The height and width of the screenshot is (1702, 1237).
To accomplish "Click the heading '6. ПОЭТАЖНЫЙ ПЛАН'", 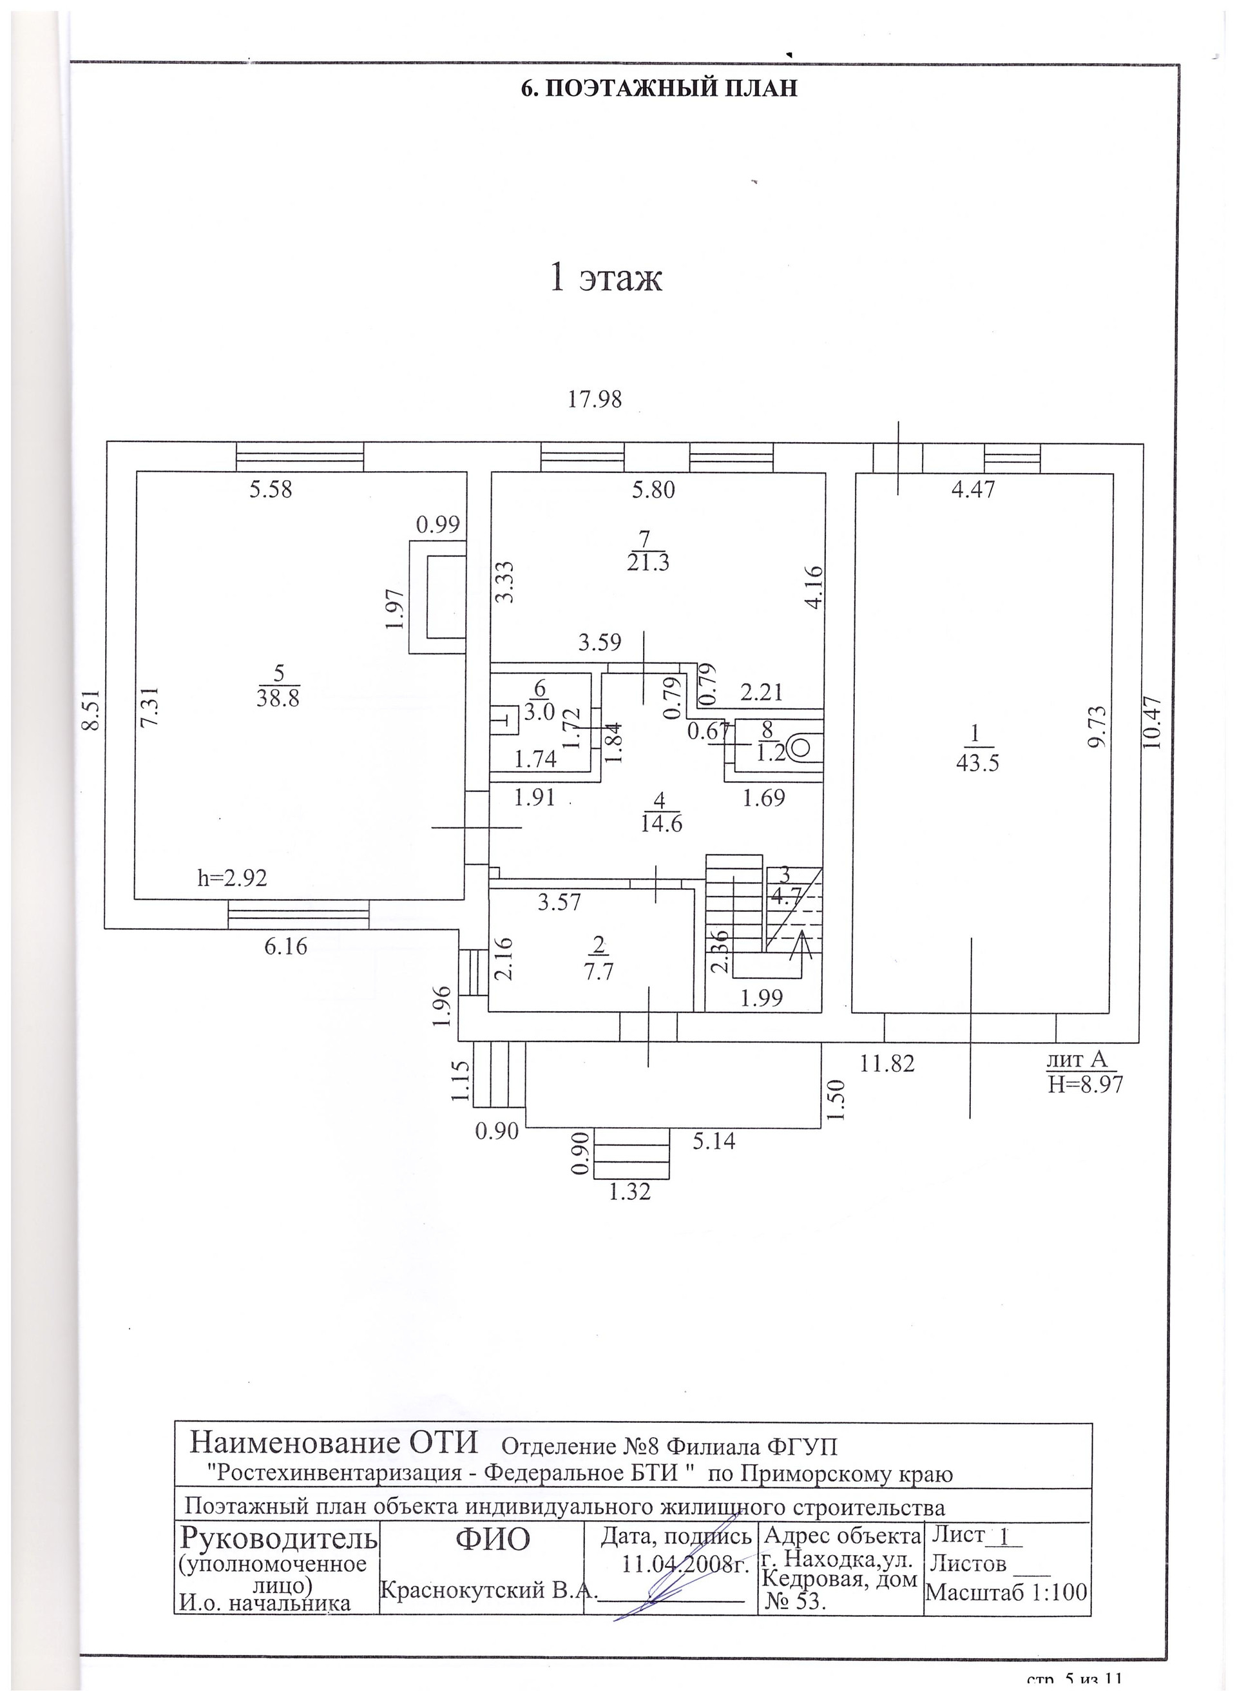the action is coord(658,88).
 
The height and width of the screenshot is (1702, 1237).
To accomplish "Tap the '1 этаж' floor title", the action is coord(606,278).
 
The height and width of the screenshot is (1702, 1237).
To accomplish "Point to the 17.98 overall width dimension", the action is coord(595,398).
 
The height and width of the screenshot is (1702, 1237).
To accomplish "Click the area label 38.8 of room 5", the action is coord(278,698).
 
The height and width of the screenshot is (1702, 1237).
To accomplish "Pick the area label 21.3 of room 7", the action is coord(647,562).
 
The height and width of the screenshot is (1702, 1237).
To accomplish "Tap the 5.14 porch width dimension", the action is coord(713,1141).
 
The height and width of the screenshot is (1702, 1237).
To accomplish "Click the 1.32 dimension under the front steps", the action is coord(630,1191).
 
